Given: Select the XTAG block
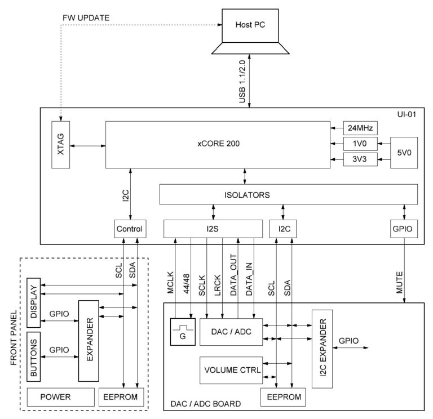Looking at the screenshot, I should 60,144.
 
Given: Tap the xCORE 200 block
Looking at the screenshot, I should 218,144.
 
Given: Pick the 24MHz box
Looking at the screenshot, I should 360,127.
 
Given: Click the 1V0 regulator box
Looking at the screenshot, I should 360,144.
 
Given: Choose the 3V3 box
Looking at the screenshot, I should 360,159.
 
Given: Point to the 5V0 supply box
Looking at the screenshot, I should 404,151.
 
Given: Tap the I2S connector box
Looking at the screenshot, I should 213,229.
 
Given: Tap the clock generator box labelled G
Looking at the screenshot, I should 182,332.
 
